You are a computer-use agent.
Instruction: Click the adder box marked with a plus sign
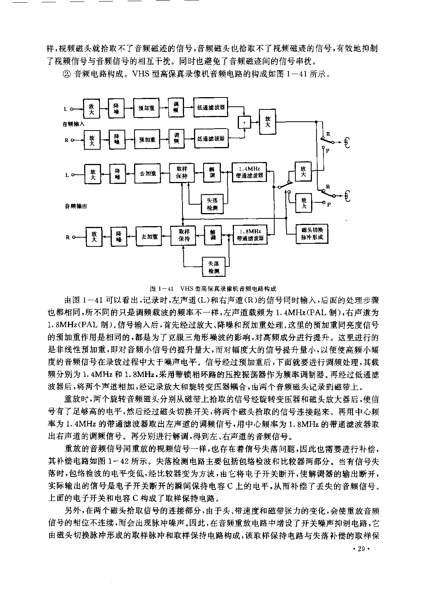[244, 122]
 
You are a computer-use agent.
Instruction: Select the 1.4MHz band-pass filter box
[249, 172]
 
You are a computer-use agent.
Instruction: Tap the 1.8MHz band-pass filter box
[250, 235]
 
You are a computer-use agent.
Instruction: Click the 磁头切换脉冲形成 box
[312, 234]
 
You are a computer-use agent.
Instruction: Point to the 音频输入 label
[73, 124]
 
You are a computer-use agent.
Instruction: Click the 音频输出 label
[76, 206]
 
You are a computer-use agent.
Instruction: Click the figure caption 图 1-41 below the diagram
[213, 289]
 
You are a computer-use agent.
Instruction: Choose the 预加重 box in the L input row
[146, 108]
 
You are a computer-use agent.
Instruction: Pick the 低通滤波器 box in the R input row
[211, 138]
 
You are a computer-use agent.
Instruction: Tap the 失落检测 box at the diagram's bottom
[214, 267]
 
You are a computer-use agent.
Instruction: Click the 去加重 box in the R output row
[149, 237]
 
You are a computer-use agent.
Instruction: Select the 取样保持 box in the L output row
[182, 173]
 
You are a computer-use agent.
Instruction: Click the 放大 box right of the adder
[267, 121]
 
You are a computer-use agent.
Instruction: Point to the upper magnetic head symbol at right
[347, 142]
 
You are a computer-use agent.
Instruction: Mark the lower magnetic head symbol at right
[348, 196]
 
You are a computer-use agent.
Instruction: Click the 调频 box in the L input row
[176, 107]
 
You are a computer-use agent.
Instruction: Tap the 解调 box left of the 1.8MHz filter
[213, 235]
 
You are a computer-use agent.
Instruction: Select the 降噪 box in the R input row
[117, 139]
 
